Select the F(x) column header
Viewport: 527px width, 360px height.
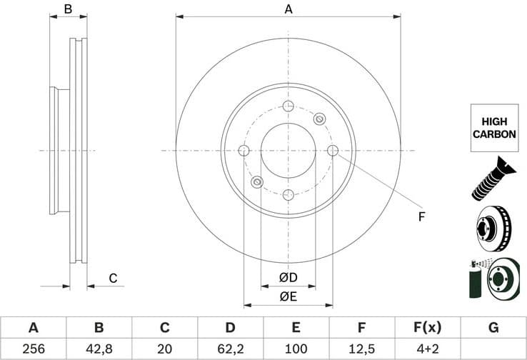[427, 328]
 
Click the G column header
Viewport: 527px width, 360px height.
[493, 328]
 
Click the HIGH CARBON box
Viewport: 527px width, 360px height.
[493, 128]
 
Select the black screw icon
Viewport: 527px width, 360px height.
[493, 177]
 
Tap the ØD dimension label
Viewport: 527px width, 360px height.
[288, 277]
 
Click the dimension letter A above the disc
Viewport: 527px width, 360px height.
[288, 9]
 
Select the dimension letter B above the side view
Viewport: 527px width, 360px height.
[68, 9]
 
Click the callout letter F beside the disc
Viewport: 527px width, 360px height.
[421, 216]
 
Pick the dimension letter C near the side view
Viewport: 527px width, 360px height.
[113, 278]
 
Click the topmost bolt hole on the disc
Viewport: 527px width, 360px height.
[288, 106]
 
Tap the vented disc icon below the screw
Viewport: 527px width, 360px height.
[493, 227]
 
